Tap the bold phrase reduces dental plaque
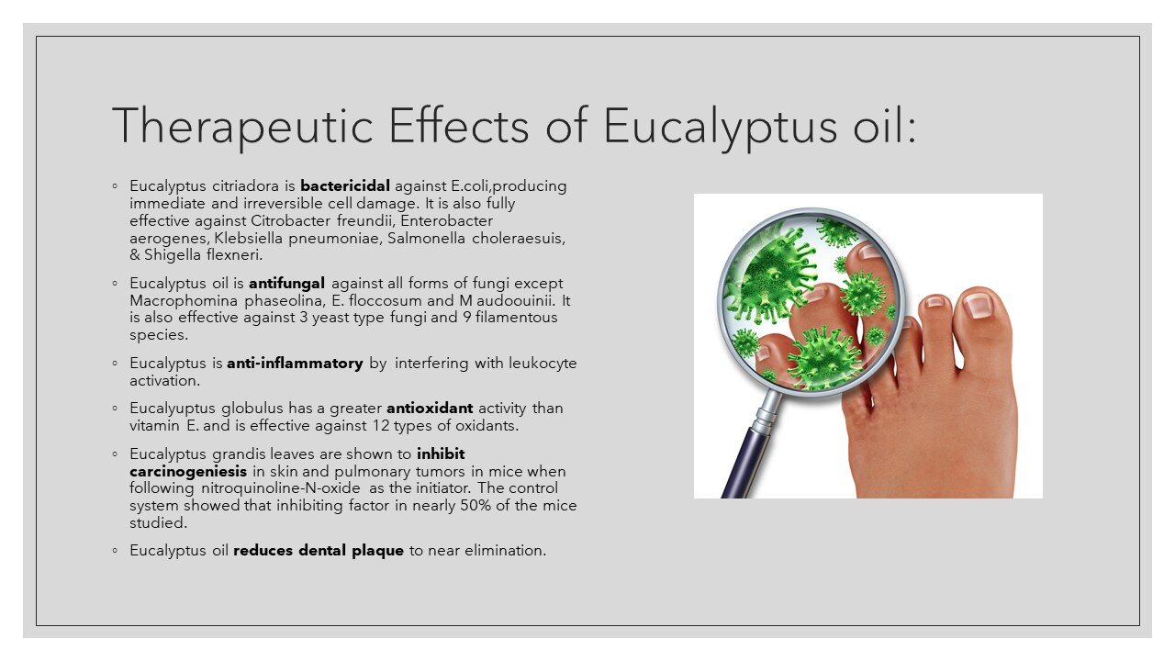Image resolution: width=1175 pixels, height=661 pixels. tap(319, 551)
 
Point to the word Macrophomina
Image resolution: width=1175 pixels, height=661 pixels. tap(182, 300)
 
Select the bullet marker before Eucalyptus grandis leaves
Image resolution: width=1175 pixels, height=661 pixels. tap(115, 454)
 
